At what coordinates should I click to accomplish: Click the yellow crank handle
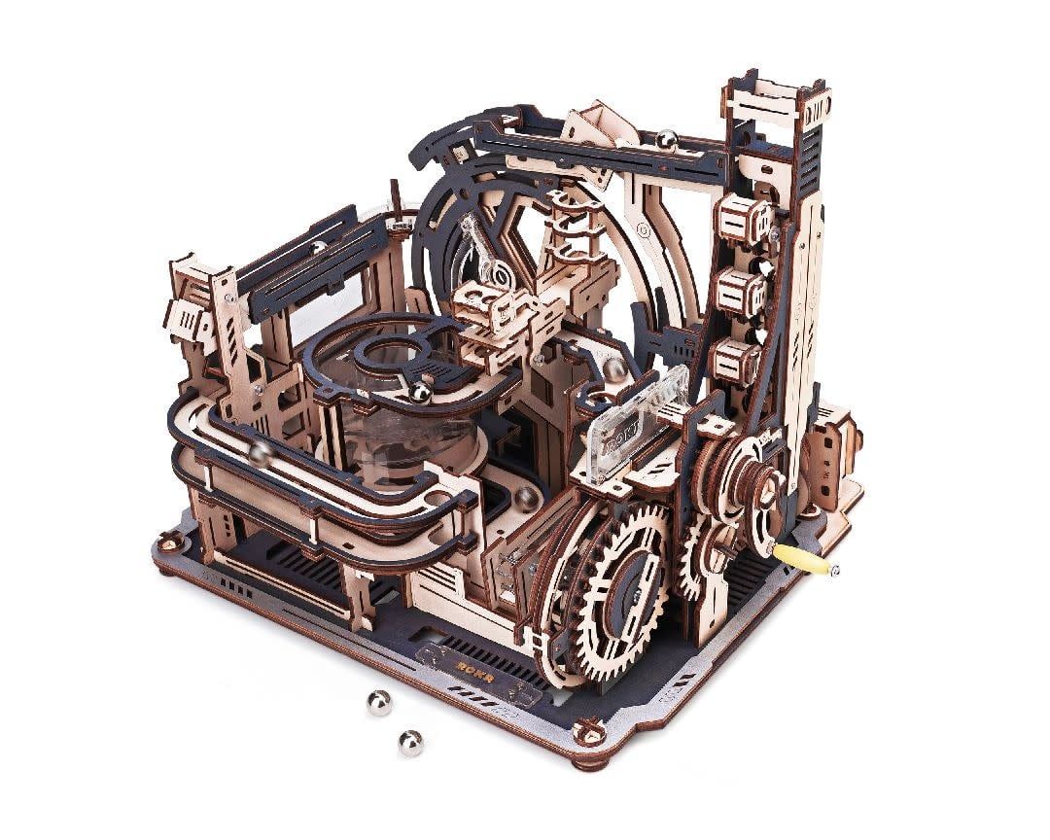click(x=802, y=560)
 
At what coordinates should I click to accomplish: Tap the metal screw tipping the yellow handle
click(x=835, y=569)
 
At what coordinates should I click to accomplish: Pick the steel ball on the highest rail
click(x=667, y=140)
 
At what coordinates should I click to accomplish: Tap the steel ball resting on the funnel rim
click(x=420, y=393)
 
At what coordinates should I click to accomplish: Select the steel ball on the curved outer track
click(x=260, y=451)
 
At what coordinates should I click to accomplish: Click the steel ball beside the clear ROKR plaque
click(x=616, y=369)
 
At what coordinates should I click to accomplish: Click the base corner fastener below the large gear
click(x=589, y=730)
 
